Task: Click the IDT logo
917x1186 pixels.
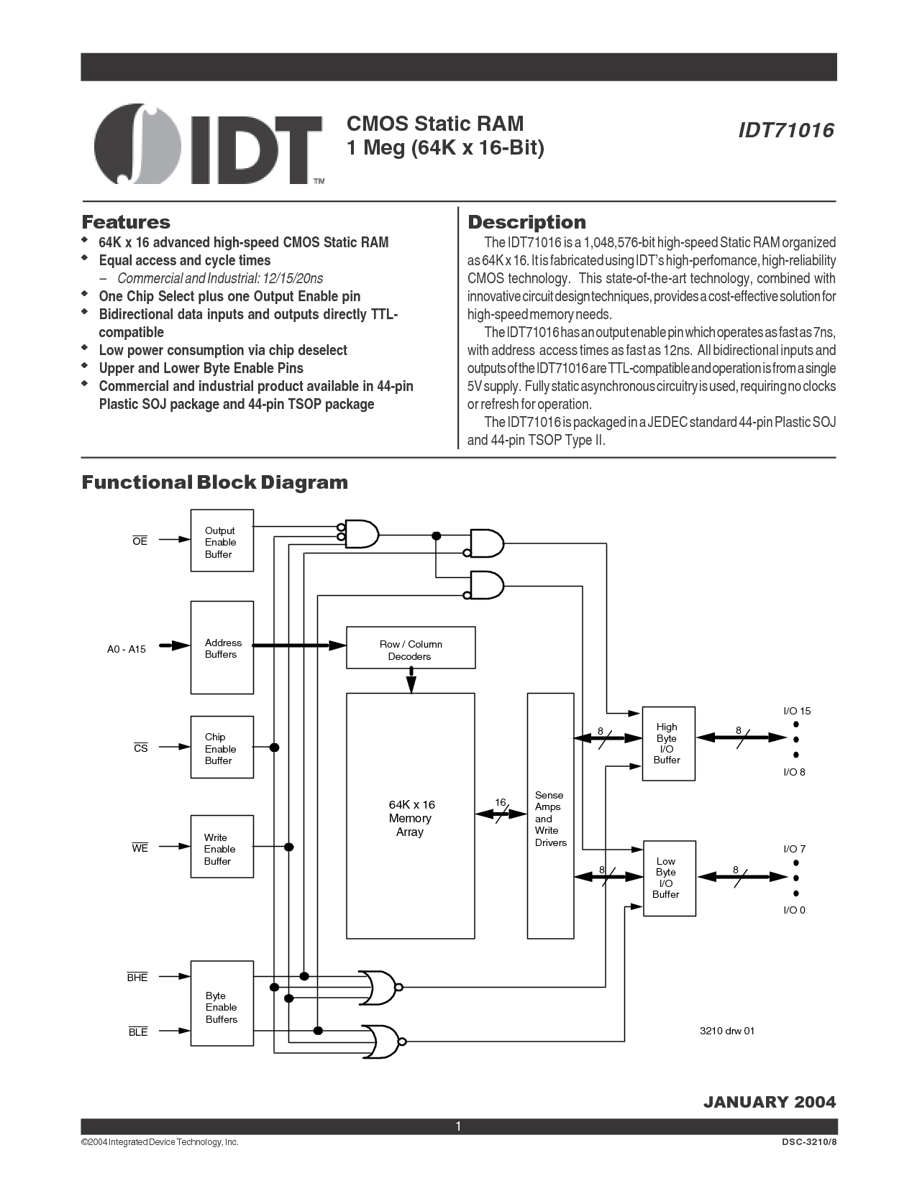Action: tap(209, 144)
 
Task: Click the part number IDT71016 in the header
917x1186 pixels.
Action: tap(786, 130)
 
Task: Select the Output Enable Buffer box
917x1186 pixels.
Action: tap(222, 541)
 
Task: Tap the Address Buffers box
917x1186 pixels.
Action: tap(222, 648)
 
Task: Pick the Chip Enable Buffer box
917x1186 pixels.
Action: tap(222, 748)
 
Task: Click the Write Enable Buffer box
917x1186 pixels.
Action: tap(222, 847)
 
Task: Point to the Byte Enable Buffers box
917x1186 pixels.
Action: tap(222, 1003)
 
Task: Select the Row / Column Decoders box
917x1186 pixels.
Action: tap(411, 648)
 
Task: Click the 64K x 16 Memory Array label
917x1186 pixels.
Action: tap(411, 818)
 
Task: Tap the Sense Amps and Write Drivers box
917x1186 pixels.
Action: tap(550, 816)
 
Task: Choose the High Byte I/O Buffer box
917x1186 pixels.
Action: tap(668, 743)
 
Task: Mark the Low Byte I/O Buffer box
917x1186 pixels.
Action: tap(669, 878)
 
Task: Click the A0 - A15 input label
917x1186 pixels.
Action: tap(126, 650)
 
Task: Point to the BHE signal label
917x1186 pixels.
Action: tap(137, 977)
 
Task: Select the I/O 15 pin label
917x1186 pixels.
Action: tap(797, 711)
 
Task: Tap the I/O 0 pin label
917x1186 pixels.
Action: tap(794, 909)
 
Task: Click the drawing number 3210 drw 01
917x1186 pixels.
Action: tap(727, 1031)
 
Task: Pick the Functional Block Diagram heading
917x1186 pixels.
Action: tap(214, 482)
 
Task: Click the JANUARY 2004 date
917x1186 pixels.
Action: tap(770, 1102)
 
